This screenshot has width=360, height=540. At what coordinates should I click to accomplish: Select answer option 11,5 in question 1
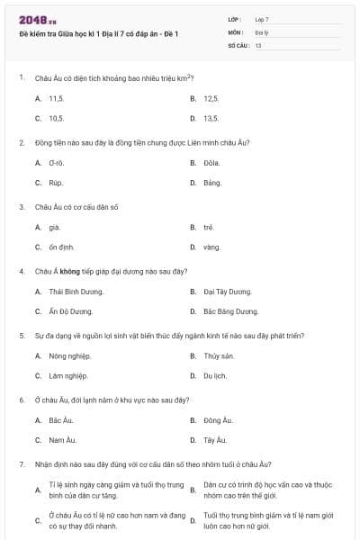[x=56, y=97]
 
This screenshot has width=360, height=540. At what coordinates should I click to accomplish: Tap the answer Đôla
[x=211, y=162]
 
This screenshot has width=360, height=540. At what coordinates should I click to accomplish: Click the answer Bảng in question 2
[x=212, y=183]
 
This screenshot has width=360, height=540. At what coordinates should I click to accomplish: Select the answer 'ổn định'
[x=61, y=247]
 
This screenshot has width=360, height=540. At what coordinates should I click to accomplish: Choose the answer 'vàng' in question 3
[x=211, y=247]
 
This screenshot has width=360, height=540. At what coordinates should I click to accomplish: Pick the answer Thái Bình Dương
[x=71, y=292]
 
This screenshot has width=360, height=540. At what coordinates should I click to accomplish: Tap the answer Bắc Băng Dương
[x=230, y=311]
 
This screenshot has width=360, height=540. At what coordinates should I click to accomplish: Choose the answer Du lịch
[x=215, y=375]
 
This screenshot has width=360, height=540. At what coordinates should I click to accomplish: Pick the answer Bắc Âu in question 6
[x=60, y=419]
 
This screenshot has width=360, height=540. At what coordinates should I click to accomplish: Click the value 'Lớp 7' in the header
[x=262, y=18]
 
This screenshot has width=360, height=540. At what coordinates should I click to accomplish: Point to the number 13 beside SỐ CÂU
[x=258, y=44]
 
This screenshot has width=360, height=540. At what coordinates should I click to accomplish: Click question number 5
[x=21, y=335]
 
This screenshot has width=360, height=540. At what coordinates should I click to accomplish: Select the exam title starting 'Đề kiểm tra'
[x=99, y=34]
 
